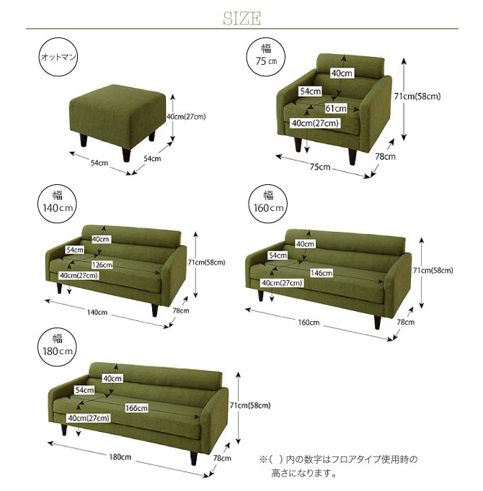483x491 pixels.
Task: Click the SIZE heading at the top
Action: (x=241, y=18)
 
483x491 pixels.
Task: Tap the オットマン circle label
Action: (x=58, y=57)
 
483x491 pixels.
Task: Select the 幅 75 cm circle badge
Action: (x=266, y=57)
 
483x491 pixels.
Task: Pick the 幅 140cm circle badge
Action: (x=58, y=204)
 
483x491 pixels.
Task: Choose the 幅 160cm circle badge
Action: (x=268, y=204)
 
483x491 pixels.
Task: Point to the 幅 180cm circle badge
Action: (x=58, y=347)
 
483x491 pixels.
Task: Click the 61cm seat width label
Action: (x=336, y=109)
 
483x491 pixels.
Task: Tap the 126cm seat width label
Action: (x=102, y=265)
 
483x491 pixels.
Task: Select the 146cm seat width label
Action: (x=322, y=273)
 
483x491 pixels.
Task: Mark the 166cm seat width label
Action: (x=136, y=408)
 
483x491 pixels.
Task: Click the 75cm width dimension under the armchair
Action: (x=320, y=167)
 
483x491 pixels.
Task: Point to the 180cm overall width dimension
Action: (x=120, y=457)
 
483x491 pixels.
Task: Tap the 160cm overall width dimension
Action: (x=309, y=323)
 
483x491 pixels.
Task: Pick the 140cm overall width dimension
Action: (x=97, y=312)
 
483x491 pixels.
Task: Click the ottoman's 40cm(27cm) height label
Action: (x=186, y=117)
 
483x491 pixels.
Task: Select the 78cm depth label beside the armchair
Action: (x=386, y=156)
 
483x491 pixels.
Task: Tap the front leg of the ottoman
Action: (x=125, y=155)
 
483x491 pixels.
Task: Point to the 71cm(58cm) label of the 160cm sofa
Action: (x=433, y=270)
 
